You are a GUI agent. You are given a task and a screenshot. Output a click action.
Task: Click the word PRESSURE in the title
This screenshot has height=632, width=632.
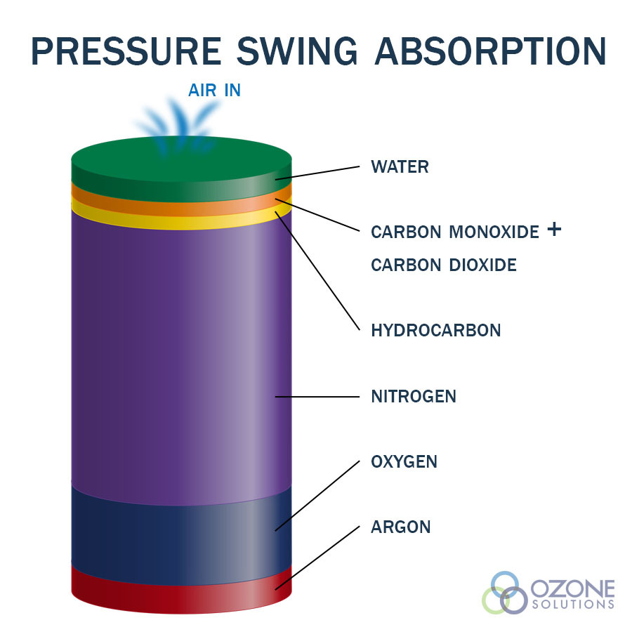pos(126,51)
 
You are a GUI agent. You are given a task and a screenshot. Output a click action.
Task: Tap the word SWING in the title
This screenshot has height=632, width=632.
pos(297,51)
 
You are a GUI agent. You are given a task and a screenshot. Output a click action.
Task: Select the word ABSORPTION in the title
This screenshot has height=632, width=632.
pos(491,51)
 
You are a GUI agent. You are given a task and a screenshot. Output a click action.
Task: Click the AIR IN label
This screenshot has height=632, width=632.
pos(214,91)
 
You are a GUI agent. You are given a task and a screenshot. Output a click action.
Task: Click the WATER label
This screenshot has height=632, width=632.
pos(400,167)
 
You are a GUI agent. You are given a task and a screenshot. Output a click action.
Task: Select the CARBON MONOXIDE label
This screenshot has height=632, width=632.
pos(455,232)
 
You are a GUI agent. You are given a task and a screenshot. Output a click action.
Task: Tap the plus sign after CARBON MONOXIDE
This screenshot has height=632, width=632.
pos(554,229)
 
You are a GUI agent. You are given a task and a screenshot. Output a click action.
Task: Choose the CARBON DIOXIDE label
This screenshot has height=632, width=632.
pos(444,265)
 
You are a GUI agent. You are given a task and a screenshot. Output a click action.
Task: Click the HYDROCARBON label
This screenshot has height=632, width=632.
pos(436,331)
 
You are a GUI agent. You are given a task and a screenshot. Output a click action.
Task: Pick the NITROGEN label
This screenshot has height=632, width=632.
pos(414,397)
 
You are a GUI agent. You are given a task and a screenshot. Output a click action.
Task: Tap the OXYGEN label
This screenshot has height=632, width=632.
pos(404,462)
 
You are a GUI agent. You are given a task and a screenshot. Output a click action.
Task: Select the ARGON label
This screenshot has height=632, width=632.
pos(401,527)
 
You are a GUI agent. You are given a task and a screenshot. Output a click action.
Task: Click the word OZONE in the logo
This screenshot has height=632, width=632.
pos(572,589)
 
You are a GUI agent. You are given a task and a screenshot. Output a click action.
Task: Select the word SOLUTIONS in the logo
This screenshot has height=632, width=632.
pos(573,604)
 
